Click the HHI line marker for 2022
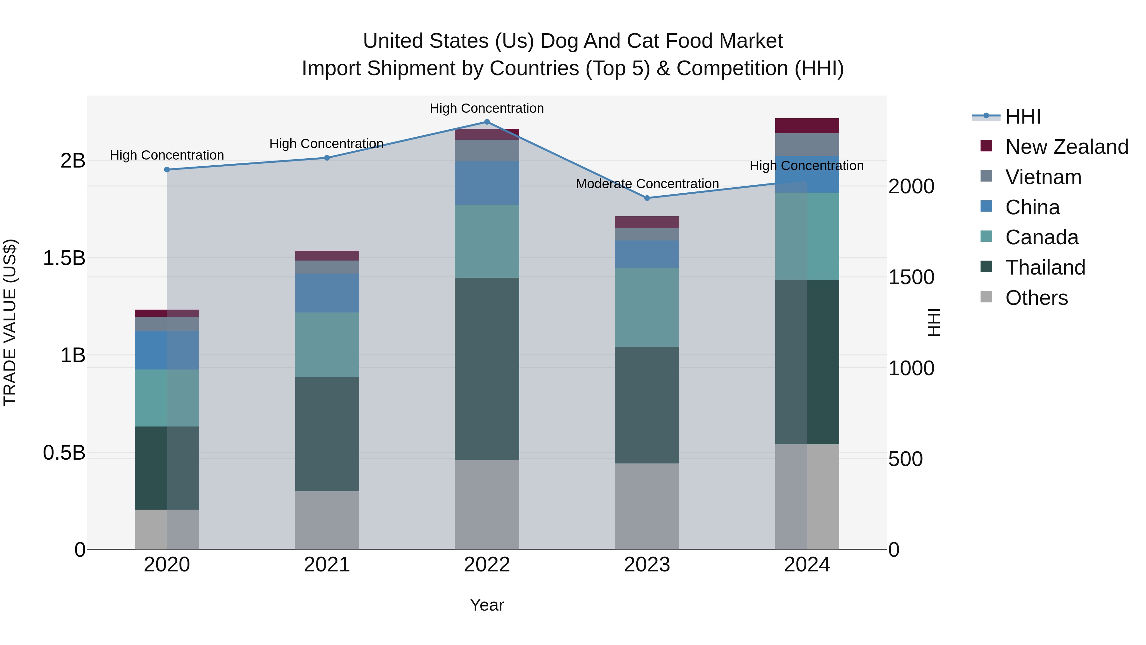click(x=487, y=122)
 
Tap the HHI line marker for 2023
click(x=647, y=197)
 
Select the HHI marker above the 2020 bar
click(x=167, y=169)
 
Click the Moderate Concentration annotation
click(x=647, y=184)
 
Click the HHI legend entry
click(x=1022, y=117)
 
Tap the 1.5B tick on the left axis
click(x=64, y=258)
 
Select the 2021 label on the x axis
click(x=327, y=565)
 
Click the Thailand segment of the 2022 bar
click(x=487, y=369)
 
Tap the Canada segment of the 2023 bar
click(x=647, y=307)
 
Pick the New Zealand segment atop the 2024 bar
click(x=807, y=125)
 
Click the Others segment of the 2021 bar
click(x=327, y=520)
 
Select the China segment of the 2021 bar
click(x=327, y=293)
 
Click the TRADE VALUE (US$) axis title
click(x=10, y=322)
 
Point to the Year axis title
click(x=487, y=605)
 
